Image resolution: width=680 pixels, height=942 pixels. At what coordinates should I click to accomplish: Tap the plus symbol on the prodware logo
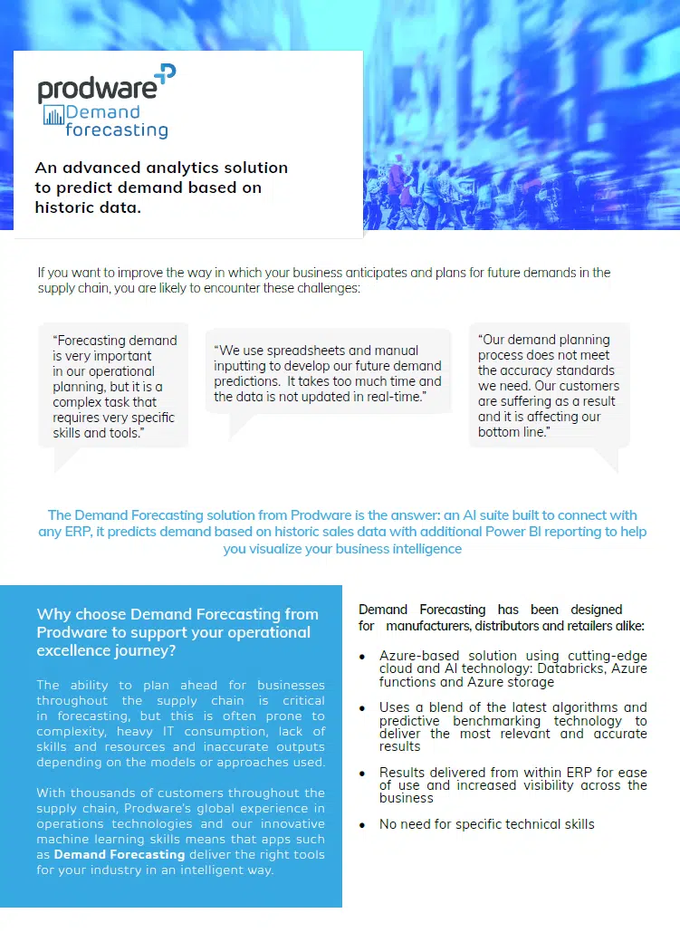coord(166,75)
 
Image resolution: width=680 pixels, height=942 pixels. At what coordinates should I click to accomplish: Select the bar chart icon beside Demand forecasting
coord(54,115)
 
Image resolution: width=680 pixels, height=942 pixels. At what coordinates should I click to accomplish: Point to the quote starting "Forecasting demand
coord(114,387)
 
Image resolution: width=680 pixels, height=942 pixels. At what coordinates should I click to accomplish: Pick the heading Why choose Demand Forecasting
coord(177,615)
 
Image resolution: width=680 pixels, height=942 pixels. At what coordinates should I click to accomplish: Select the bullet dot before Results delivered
coord(363,774)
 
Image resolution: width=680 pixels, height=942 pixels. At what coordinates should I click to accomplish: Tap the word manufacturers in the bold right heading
coord(429,626)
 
